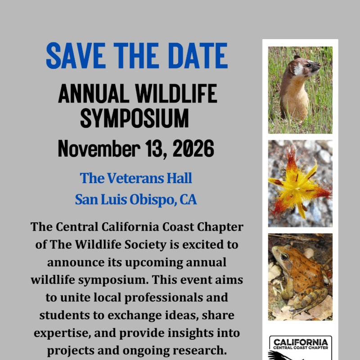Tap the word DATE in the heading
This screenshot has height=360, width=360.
pos(198,55)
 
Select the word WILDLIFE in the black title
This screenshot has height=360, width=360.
pos(176,93)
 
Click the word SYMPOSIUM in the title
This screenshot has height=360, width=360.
pos(135,118)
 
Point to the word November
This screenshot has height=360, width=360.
pos(99,148)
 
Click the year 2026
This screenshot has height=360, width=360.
pos(193,148)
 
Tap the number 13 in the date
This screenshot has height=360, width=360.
pos(155,149)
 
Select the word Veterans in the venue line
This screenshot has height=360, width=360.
pos(135,178)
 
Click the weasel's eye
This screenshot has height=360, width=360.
pos(308,65)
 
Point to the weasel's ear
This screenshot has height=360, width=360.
pos(297,57)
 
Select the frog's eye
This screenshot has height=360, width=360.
pos(285,256)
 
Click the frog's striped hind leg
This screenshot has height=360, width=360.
pos(310,298)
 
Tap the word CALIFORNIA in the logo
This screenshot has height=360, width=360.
pos(301,342)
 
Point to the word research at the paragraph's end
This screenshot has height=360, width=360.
pos(200,351)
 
